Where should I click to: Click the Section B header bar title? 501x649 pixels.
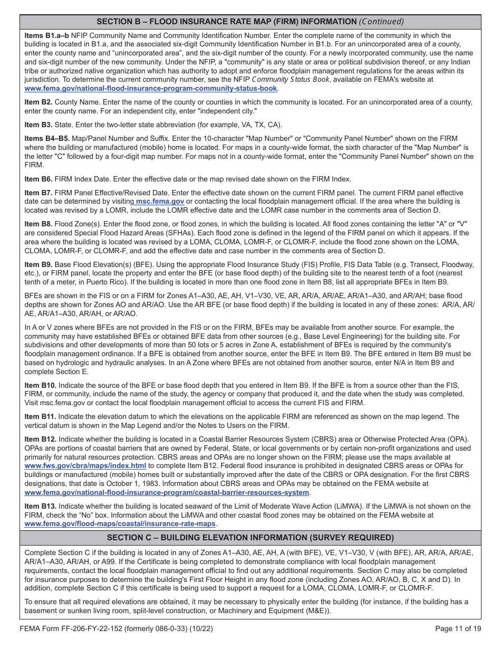[x=227, y=22]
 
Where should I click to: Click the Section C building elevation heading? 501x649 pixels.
[x=250, y=538]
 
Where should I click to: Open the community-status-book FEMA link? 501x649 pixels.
[x=151, y=88]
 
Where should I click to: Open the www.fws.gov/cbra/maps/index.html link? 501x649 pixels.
[x=85, y=465]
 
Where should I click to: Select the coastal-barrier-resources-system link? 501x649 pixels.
[x=167, y=492]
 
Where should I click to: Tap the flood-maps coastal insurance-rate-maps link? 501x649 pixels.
[x=120, y=524]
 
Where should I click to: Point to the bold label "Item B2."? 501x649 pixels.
[x=38, y=102]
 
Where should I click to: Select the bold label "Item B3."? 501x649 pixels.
[x=38, y=125]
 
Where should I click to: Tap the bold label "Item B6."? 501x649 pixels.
[x=38, y=179]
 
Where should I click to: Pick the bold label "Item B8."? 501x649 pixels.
[x=38, y=224]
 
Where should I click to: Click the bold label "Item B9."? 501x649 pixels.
[x=38, y=264]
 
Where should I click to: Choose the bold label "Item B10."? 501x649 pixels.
[x=41, y=385]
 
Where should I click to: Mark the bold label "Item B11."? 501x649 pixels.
[x=41, y=417]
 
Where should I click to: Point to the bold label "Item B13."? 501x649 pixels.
[x=41, y=507]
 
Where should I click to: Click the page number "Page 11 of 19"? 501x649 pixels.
[x=458, y=628]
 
